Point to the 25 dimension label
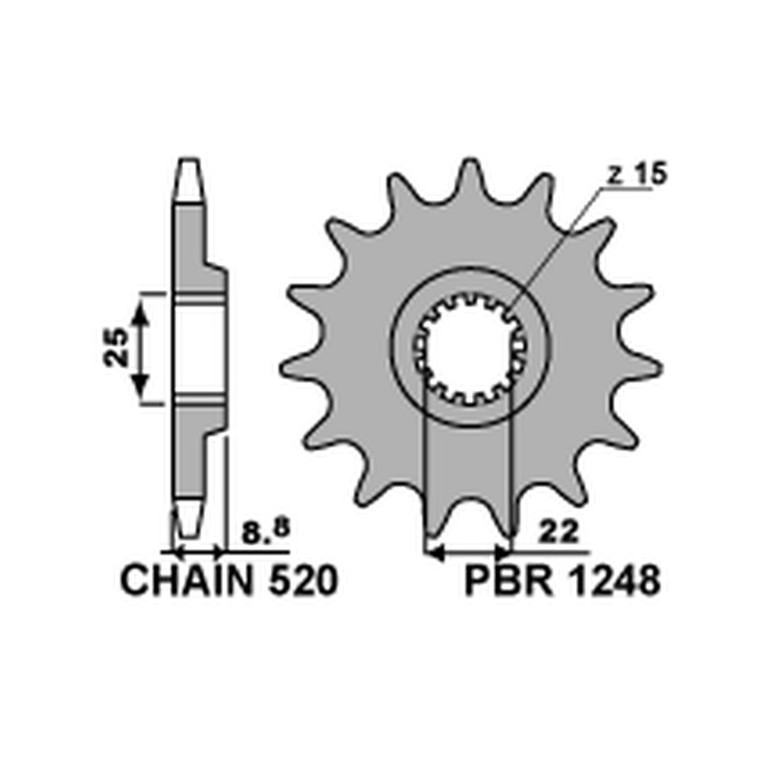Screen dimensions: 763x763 pos(117,348)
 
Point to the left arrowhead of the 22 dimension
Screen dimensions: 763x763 pos(433,551)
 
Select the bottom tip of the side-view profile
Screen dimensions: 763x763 pos(188,530)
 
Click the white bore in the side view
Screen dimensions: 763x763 pos(200,349)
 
